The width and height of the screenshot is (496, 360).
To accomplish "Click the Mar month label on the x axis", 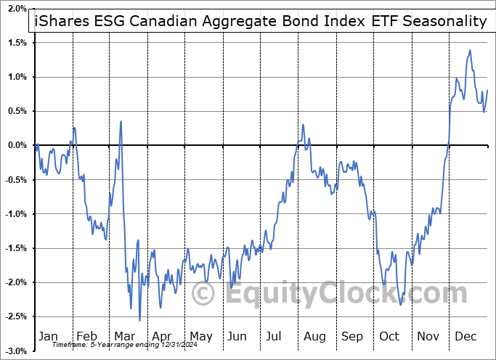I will point(123,336).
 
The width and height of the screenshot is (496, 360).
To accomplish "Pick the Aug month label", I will point(314,336).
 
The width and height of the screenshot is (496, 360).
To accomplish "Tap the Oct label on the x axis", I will point(390,336).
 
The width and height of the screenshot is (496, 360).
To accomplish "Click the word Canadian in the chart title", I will point(153,21).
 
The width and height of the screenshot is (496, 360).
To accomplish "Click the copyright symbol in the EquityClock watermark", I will point(203,293).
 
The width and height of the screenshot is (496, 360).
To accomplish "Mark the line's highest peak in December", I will point(470,50).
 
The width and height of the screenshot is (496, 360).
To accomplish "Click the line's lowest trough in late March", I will point(139,320).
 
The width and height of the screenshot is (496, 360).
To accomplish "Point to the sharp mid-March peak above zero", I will point(121,121).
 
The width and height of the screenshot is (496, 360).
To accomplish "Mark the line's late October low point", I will point(401,304).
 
